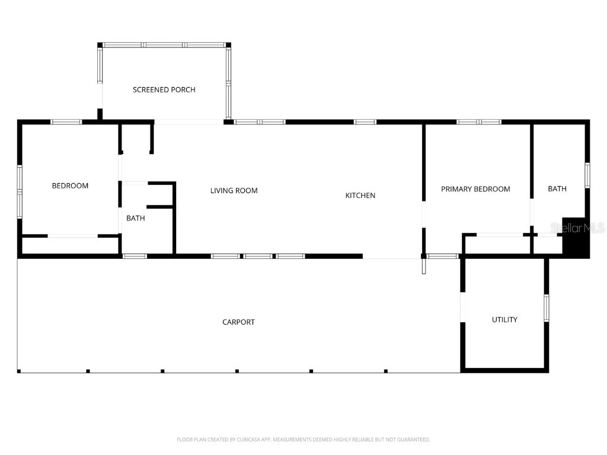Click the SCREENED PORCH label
click(164, 89)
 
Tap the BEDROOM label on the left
click(70, 185)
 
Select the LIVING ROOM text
click(234, 190)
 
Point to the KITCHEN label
click(360, 195)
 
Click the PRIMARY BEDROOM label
click(475, 189)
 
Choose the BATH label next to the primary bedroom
click(557, 188)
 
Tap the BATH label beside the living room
click(135, 218)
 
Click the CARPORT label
click(238, 322)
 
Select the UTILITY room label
click(504, 319)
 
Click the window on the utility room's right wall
click(547, 307)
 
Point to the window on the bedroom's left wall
click(20, 192)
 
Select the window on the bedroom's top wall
click(66, 122)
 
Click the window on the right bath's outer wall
click(587, 175)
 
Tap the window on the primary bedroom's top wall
click(479, 122)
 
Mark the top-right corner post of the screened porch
click(228, 45)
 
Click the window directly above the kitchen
click(365, 122)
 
